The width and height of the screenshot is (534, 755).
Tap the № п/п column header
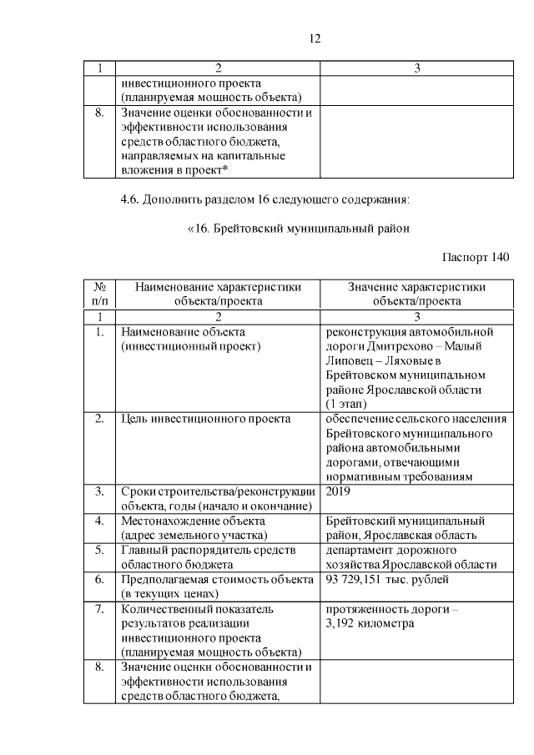pyautogui.click(x=99, y=294)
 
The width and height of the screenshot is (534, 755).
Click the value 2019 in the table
pyautogui.click(x=339, y=492)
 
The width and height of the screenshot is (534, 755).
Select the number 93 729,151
pyautogui.click(x=357, y=579)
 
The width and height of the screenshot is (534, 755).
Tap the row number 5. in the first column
pyautogui.click(x=99, y=551)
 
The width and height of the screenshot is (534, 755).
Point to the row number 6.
pyautogui.click(x=99, y=579)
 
